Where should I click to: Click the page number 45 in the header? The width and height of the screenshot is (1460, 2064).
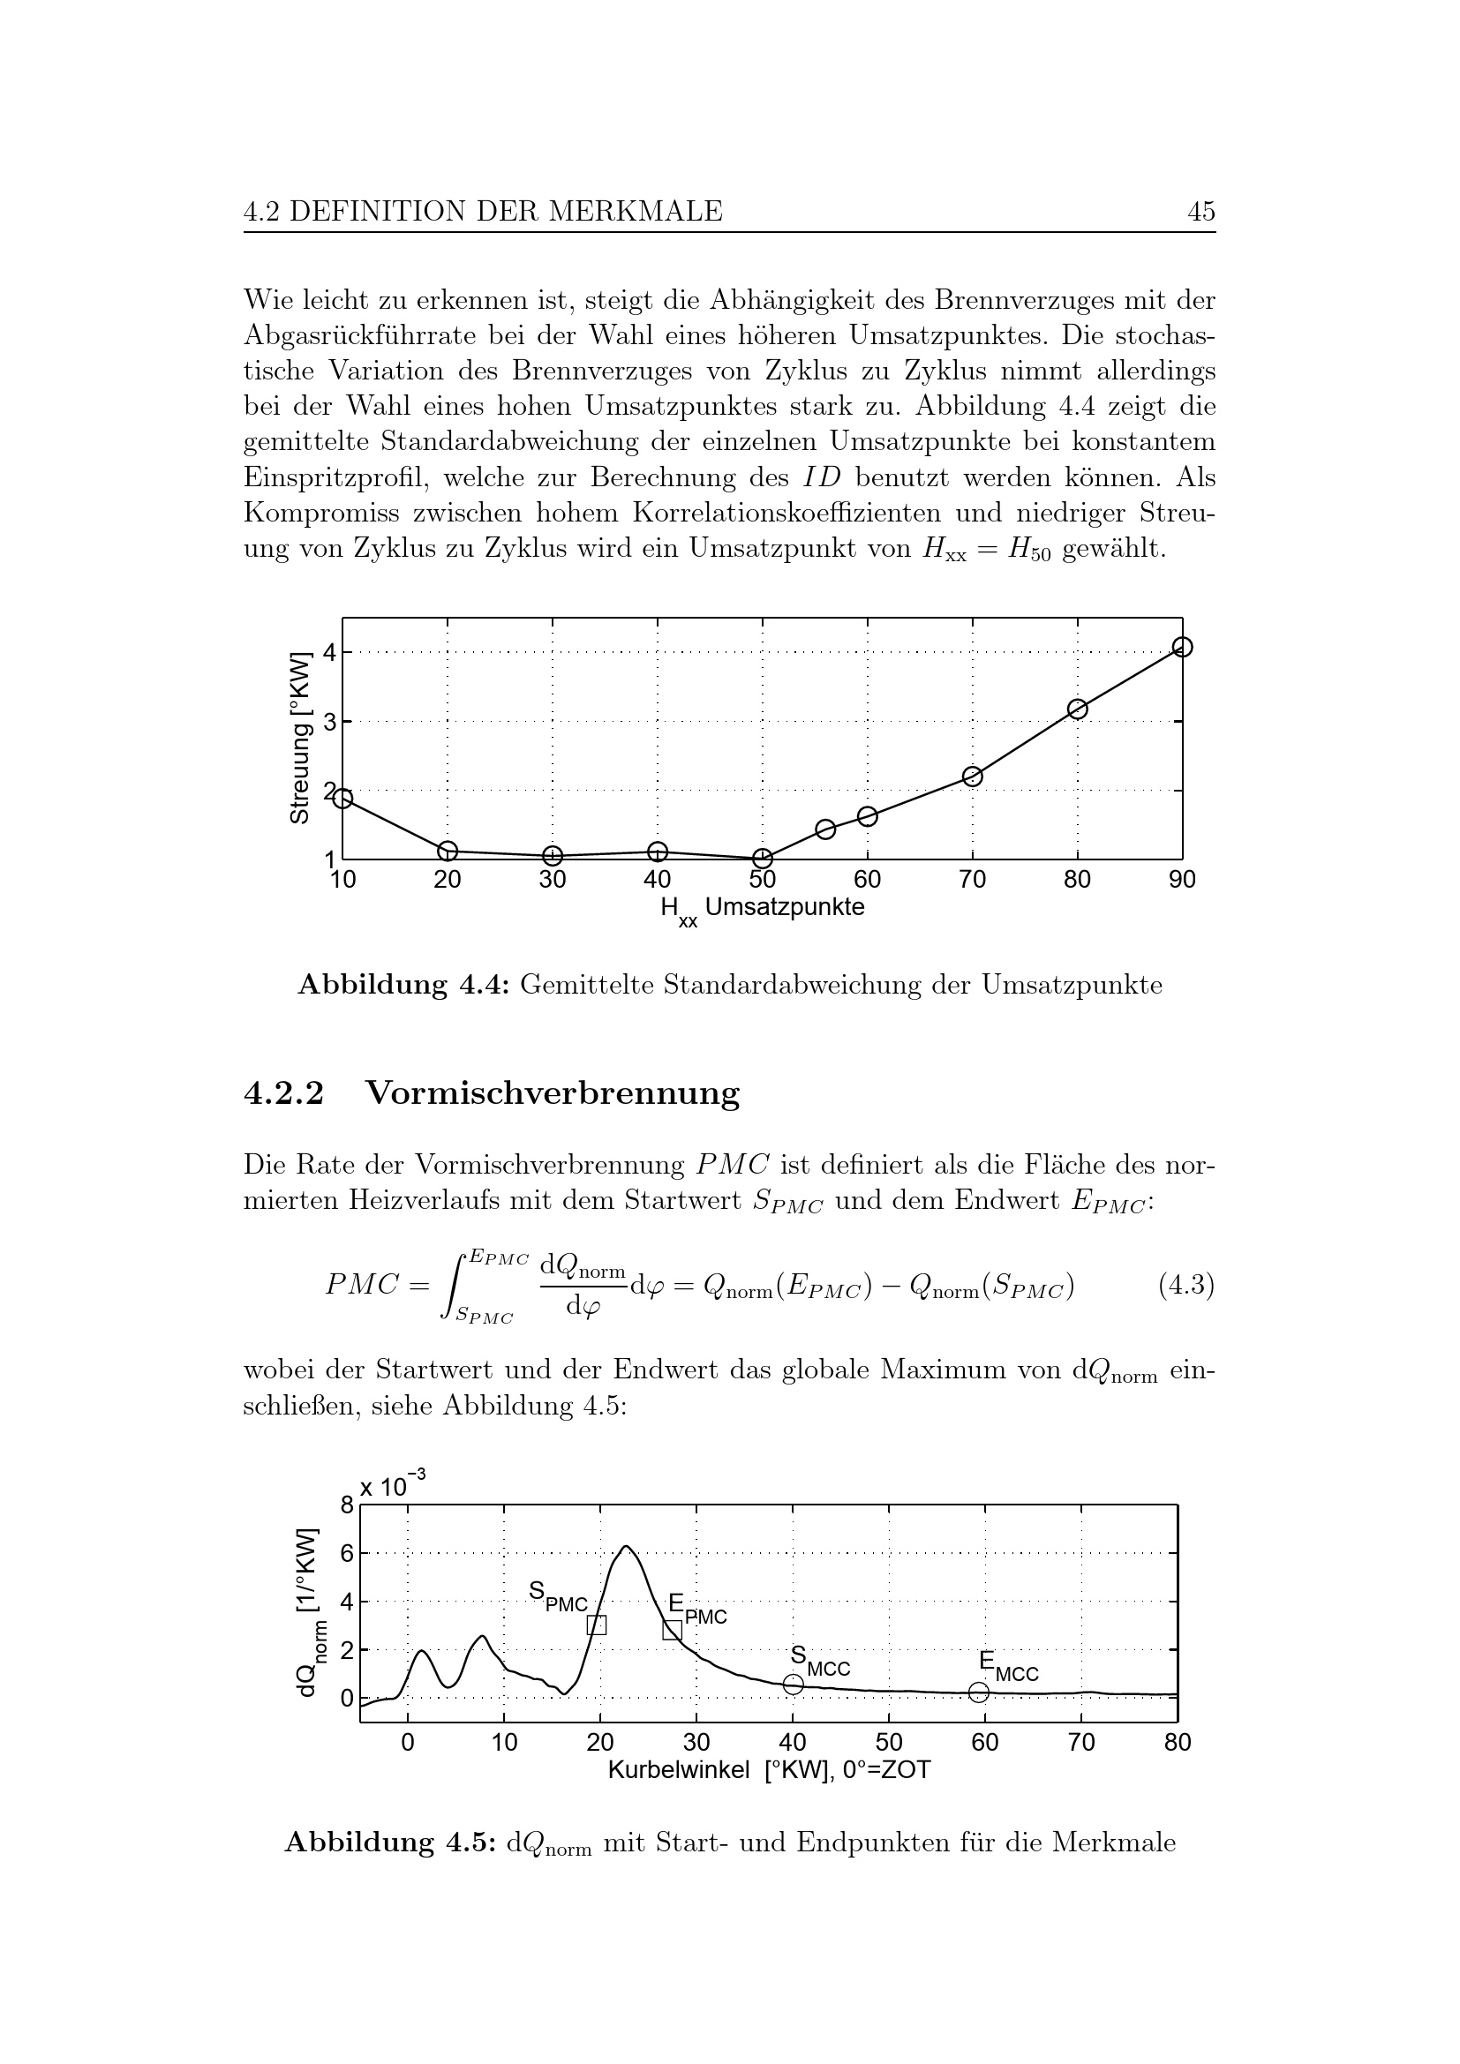1201,212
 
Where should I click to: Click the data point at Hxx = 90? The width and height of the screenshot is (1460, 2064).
1182,647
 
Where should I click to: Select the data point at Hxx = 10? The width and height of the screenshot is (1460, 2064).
342,799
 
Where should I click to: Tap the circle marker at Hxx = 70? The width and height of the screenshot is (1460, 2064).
973,777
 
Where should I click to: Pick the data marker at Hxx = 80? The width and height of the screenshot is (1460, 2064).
1077,709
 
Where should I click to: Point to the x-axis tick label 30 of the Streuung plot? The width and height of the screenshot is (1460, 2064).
552,880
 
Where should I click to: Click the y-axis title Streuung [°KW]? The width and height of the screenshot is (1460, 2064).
299,737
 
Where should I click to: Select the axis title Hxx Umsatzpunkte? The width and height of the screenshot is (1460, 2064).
763,909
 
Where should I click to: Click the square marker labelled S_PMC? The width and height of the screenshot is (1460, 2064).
596,1625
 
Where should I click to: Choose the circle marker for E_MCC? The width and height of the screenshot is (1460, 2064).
979,1692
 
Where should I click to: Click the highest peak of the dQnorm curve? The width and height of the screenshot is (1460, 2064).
626,1547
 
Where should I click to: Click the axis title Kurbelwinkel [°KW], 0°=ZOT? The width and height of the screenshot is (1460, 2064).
769,1770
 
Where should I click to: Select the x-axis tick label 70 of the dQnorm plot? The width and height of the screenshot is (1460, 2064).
1081,1743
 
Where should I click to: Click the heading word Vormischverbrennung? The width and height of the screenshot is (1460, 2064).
553,1093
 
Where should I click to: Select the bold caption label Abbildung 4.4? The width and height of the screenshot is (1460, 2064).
403,986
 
